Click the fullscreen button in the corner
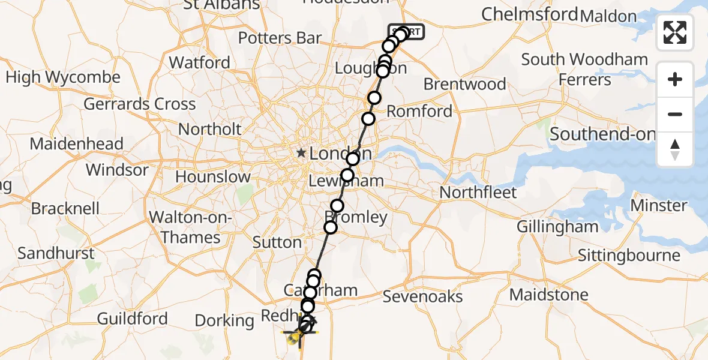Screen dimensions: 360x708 click(x=675, y=32)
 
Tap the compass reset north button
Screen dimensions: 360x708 click(x=675, y=149)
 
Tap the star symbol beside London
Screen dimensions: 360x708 click(x=301, y=154)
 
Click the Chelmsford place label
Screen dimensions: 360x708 click(x=530, y=14)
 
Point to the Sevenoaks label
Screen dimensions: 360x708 click(x=422, y=296)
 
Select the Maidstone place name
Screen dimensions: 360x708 click(x=548, y=295)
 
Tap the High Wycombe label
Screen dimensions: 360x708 click(x=63, y=77)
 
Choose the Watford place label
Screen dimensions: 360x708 click(x=199, y=62)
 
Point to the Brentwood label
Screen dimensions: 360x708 click(x=464, y=84)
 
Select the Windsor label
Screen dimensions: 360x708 click(x=116, y=170)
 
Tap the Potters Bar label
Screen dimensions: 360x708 click(x=280, y=38)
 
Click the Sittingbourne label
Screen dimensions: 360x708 click(x=629, y=256)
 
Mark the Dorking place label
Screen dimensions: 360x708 click(x=224, y=321)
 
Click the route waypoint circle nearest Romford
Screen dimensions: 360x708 click(x=368, y=119)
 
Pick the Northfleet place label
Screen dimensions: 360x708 click(x=478, y=193)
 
